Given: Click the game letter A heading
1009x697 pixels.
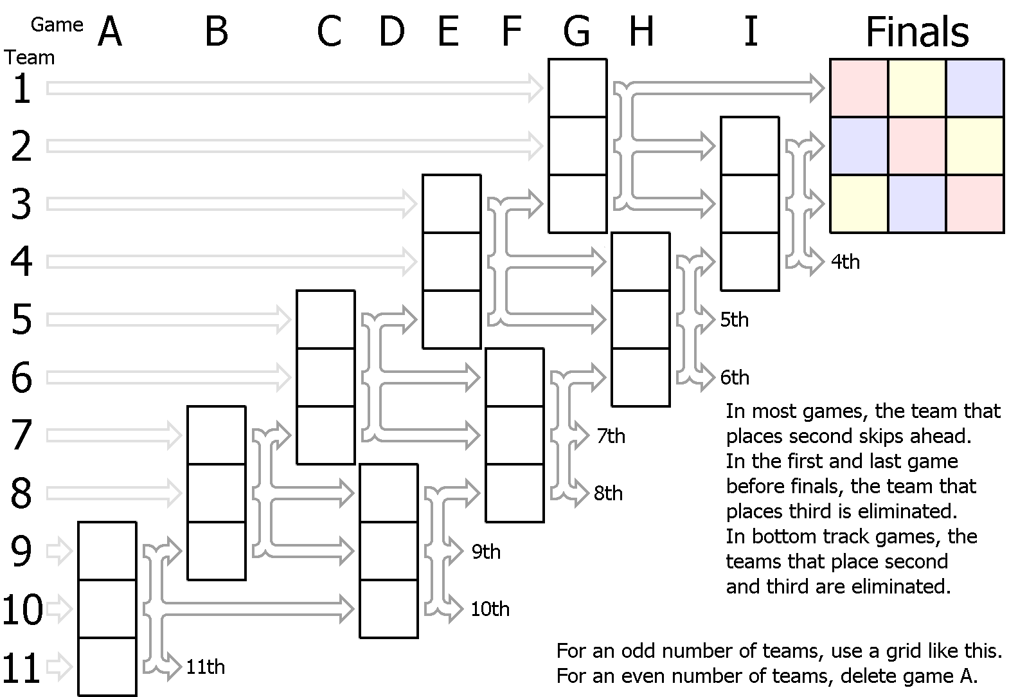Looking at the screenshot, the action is (x=110, y=32).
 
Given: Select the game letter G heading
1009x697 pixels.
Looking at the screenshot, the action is (x=576, y=32).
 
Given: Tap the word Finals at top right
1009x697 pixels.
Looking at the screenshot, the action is (x=917, y=32).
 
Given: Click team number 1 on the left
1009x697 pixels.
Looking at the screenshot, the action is (x=22, y=89).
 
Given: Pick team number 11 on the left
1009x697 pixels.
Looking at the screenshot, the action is (x=22, y=667).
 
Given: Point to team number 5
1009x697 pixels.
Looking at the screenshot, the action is (x=22, y=320).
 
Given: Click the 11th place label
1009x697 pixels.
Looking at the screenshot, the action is (x=206, y=667).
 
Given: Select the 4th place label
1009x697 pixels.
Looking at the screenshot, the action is (x=846, y=262).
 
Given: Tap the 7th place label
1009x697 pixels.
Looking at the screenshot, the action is (x=611, y=436).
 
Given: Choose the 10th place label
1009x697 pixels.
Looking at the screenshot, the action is (x=490, y=609).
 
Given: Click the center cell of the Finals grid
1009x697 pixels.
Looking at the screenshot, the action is (x=917, y=146).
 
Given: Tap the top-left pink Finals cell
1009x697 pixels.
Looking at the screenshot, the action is (x=859, y=88).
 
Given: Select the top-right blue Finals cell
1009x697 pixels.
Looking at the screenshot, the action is (x=975, y=88).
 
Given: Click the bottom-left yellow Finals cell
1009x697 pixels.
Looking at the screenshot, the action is (x=859, y=204).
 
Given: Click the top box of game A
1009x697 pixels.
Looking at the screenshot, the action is (x=107, y=551).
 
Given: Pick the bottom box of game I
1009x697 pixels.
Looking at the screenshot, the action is (x=750, y=262).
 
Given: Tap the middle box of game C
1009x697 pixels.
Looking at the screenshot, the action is (x=326, y=377).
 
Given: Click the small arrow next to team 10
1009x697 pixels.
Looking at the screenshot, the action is (x=60, y=609).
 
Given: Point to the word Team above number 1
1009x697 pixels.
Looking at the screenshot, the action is (x=30, y=58).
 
